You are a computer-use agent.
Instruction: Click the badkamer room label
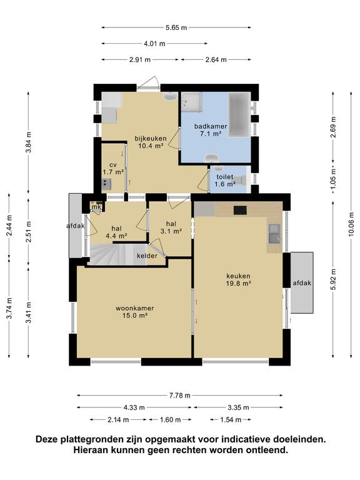(211, 126)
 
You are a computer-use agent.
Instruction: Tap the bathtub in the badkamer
(239, 114)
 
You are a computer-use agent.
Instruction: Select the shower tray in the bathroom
(191, 102)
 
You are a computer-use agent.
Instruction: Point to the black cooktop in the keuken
(240, 210)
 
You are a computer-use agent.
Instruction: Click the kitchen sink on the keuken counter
(274, 234)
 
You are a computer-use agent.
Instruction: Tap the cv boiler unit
(106, 184)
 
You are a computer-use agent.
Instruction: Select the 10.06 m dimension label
(351, 224)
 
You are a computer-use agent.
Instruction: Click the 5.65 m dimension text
(176, 27)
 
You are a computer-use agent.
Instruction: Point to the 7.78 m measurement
(180, 396)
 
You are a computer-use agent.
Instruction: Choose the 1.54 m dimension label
(231, 420)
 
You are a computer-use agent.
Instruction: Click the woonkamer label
(135, 308)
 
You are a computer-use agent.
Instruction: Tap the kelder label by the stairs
(147, 256)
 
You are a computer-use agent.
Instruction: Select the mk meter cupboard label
(96, 207)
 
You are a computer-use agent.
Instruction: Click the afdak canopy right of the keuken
(302, 282)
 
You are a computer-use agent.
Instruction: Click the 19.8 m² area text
(239, 284)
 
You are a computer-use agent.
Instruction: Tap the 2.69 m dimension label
(333, 127)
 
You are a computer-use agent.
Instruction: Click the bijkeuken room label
(151, 138)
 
